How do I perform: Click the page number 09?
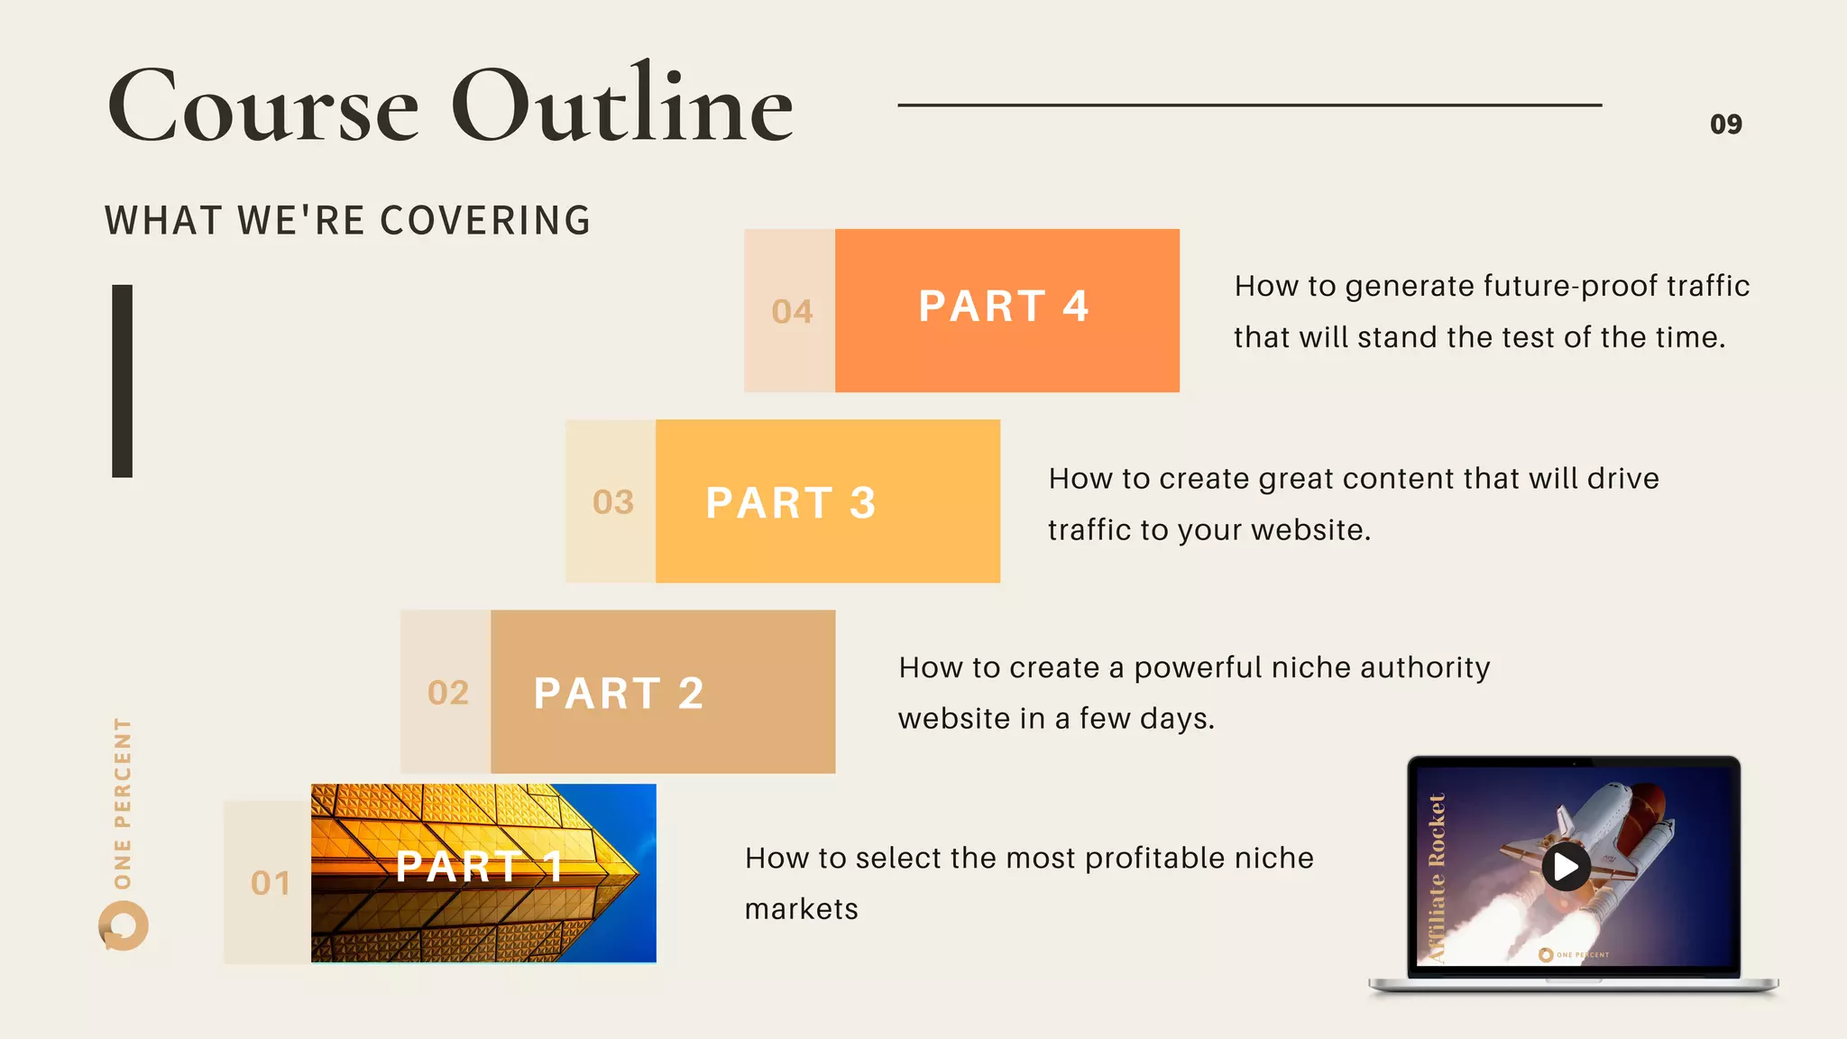[x=1725, y=124]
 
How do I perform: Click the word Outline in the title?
[x=621, y=106]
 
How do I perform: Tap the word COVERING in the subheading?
[x=485, y=221]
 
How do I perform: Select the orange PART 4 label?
[x=1004, y=307]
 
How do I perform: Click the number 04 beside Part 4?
[x=792, y=312]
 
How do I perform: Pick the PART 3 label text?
[x=791, y=502]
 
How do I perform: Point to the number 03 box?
[x=612, y=502]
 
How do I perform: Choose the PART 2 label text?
[x=619, y=693]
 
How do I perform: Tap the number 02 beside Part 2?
[x=448, y=693]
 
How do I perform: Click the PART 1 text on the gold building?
[x=480, y=867]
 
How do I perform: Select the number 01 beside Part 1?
[x=271, y=883]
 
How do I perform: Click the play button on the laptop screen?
[x=1566, y=867]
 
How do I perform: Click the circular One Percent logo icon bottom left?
[x=124, y=926]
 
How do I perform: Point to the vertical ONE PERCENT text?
[x=123, y=803]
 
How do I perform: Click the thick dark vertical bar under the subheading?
[x=122, y=381]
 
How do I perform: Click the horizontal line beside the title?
[x=1249, y=106]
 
